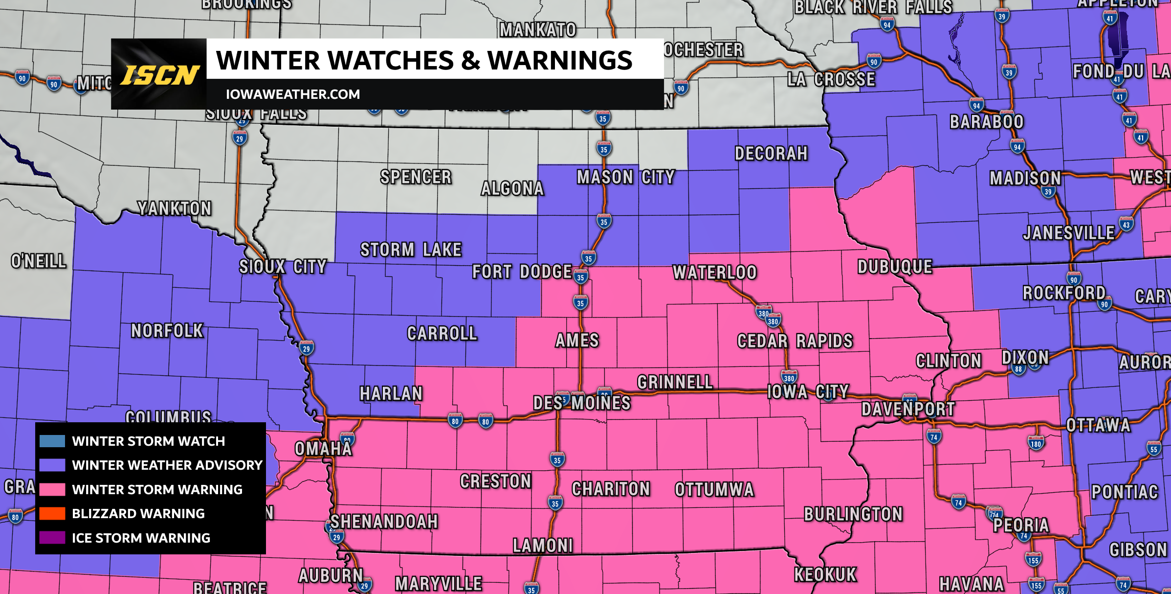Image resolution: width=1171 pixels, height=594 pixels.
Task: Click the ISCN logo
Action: pyautogui.click(x=159, y=74)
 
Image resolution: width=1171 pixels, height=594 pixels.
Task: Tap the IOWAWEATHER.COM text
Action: pyautogui.click(x=292, y=94)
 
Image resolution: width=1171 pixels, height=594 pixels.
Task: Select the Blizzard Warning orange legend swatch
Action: pyautogui.click(x=52, y=513)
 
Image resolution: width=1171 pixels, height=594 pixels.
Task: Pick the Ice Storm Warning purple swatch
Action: pyautogui.click(x=52, y=538)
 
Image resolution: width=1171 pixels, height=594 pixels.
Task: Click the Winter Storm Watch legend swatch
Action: pyautogui.click(x=52, y=441)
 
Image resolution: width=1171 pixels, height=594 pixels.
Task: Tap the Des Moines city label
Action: pyautogui.click(x=582, y=403)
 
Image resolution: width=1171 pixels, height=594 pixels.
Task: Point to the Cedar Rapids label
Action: pyautogui.click(x=795, y=341)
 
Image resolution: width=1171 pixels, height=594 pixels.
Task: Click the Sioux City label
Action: pyautogui.click(x=283, y=267)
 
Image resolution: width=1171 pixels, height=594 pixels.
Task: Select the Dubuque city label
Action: pyautogui.click(x=895, y=267)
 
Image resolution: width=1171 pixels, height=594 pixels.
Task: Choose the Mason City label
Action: pyautogui.click(x=625, y=177)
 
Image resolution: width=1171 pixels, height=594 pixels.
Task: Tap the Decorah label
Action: pyautogui.click(x=771, y=154)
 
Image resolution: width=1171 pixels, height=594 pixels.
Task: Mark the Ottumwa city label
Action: pyautogui.click(x=714, y=489)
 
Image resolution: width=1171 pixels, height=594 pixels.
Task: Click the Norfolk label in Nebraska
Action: pyautogui.click(x=167, y=331)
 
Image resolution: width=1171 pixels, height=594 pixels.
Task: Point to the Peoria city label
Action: pyautogui.click(x=1021, y=525)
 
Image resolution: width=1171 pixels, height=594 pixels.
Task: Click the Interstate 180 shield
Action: pyautogui.click(x=1036, y=443)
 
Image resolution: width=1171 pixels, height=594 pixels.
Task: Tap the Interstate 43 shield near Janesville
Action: pyautogui.click(x=1126, y=225)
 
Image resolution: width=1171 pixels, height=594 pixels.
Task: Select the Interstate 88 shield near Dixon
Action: pyautogui.click(x=1018, y=368)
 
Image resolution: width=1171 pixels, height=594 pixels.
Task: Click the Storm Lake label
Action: pyautogui.click(x=411, y=250)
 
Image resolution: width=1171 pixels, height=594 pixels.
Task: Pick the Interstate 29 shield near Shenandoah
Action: pyautogui.click(x=336, y=537)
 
